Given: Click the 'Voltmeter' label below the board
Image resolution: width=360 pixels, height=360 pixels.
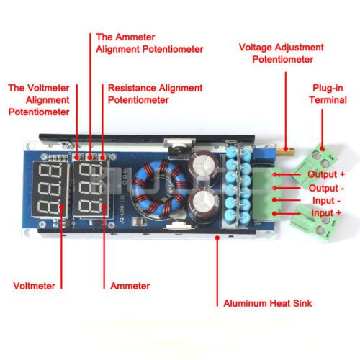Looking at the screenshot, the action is point(34,286).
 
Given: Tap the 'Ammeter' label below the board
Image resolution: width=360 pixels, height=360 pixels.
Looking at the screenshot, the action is point(130,286).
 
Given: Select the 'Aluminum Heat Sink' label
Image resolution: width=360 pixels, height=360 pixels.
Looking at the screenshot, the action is point(268,303).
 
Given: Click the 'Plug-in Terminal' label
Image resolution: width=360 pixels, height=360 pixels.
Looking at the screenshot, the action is point(328,94).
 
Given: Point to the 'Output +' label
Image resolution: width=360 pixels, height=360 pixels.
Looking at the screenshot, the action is point(326,174).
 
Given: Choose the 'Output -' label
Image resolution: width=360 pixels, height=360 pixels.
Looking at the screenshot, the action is point(326,189).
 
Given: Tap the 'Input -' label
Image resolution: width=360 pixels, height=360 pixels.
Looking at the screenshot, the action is point(326,200).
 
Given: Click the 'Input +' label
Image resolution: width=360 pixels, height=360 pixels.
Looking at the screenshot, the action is point(326,213).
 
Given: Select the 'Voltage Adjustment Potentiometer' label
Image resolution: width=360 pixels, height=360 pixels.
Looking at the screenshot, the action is point(282,53).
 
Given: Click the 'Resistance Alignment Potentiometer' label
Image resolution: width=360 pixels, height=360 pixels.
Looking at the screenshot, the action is point(155,94).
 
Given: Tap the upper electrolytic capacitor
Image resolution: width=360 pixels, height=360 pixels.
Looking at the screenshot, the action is point(204,165).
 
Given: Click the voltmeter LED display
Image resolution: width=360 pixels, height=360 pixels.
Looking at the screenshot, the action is point(50,189).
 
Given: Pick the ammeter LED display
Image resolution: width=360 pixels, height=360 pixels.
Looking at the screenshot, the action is point(91,189).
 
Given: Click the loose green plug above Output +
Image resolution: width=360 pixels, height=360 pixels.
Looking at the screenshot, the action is point(315,163).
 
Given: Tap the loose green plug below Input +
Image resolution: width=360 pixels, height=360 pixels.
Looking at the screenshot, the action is point(312,223).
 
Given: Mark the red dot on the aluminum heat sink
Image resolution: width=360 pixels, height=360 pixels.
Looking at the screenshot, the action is point(217,238).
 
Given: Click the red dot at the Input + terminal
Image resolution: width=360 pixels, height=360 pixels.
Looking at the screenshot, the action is point(275,213).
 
